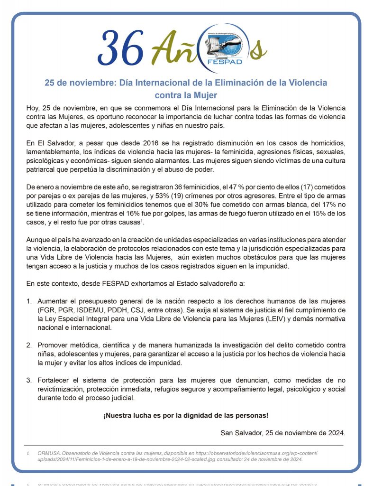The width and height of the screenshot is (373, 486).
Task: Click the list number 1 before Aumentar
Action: [x=28, y=301]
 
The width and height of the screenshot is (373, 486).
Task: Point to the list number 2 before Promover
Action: [x=28, y=345]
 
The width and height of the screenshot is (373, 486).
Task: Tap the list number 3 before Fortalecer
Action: [x=28, y=380]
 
